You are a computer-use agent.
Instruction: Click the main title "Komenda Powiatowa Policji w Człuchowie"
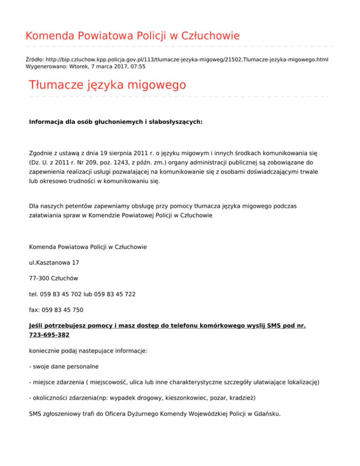click(x=133, y=36)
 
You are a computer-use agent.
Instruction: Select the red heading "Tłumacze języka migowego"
click(x=107, y=85)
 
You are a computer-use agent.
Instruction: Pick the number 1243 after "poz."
click(x=120, y=163)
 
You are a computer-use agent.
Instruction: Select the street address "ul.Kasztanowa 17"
click(x=54, y=262)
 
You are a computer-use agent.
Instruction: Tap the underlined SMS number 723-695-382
click(x=49, y=335)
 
